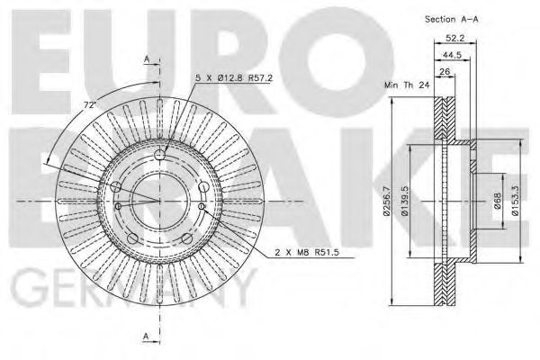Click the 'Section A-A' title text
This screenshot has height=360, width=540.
pyautogui.click(x=452, y=19)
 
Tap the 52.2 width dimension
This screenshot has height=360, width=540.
pyautogui.click(x=454, y=38)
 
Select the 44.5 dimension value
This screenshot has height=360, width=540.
pyautogui.click(x=452, y=55)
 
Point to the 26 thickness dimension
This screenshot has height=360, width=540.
pyautogui.click(x=445, y=72)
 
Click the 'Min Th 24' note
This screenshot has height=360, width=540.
pyautogui.click(x=407, y=85)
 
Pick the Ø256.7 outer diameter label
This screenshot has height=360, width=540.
pyautogui.click(x=386, y=201)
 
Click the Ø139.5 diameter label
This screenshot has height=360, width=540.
pyautogui.click(x=405, y=201)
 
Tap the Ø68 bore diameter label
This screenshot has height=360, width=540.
pyautogui.click(x=497, y=201)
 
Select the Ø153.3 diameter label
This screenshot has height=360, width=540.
pyautogui.click(x=515, y=201)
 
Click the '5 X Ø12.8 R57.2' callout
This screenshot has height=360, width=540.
pyautogui.click(x=234, y=78)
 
